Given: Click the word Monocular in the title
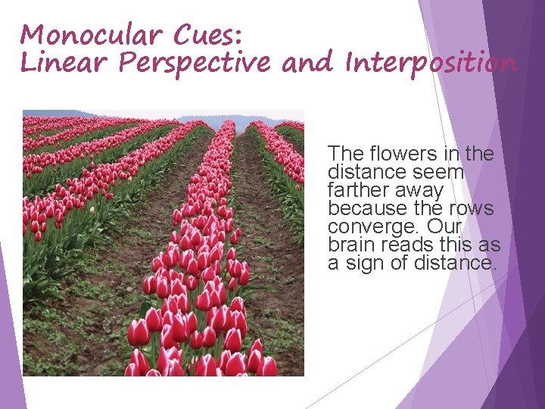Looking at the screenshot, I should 90,35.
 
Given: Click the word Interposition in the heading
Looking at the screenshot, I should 431,64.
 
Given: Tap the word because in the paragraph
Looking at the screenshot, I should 363,209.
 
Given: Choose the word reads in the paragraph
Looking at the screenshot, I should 403,245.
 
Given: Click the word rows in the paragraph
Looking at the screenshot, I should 473,209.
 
